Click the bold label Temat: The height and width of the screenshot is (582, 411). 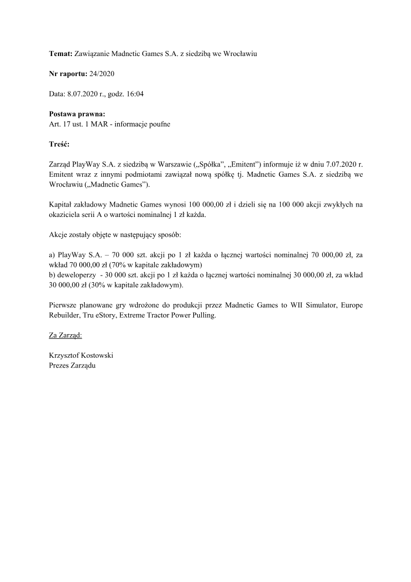point(61,53)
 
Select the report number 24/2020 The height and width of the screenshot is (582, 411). point(102,74)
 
